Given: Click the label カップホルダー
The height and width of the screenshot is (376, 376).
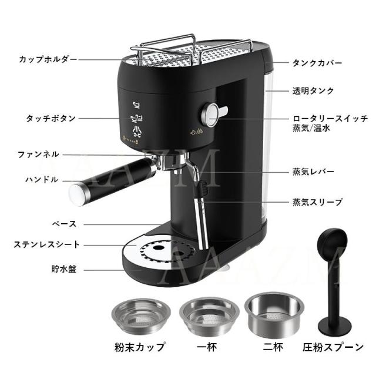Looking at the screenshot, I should click(x=47, y=60).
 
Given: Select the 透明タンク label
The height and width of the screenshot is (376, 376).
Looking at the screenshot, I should click(x=313, y=91).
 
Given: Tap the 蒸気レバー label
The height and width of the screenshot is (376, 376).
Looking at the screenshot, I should click(x=313, y=172).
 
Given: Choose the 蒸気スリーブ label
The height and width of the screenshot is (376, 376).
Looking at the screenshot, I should click(x=317, y=202).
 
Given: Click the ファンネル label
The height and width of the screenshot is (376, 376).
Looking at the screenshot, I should click(x=38, y=155).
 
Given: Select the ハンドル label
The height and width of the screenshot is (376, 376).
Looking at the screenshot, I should click(x=42, y=179).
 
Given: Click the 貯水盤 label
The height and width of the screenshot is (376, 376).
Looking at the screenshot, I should click(x=62, y=270).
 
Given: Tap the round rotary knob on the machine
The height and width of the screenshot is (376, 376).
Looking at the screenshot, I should click(x=211, y=112).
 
